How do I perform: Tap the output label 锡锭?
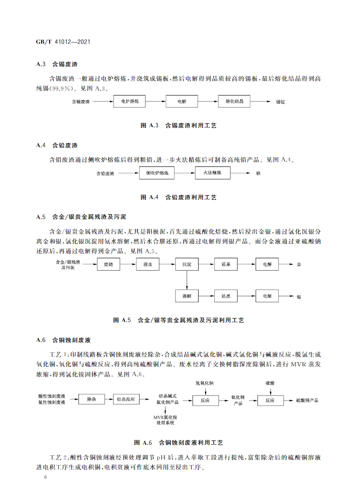[281, 101]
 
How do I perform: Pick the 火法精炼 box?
[212, 173]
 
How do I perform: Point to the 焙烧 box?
[109, 265]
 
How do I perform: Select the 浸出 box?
[148, 265]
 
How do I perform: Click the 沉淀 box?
[187, 265]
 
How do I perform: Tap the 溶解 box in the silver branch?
[187, 295]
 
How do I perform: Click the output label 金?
[299, 265]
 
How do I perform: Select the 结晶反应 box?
[126, 399]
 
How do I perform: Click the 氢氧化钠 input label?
[205, 383]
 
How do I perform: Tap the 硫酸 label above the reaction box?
[270, 383]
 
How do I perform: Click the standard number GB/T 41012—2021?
[63, 42]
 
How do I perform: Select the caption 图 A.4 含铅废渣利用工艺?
[179, 198]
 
